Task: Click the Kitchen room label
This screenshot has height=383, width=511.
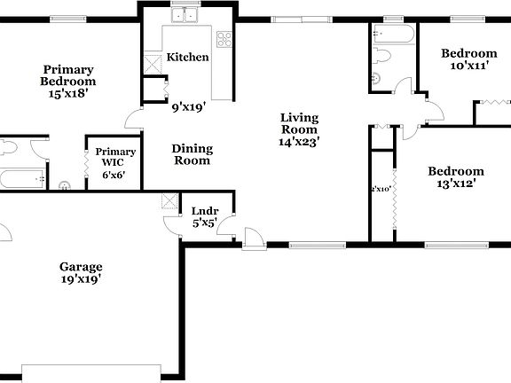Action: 188,57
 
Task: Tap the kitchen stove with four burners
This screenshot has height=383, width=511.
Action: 224,39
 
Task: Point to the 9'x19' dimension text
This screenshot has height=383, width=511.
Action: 188,106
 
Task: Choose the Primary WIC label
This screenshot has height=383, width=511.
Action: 115,157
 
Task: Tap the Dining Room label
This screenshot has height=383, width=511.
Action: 191,155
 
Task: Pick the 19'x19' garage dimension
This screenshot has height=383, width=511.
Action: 81,279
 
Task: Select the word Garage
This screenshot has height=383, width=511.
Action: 81,266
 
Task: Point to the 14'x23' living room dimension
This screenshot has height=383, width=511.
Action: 299,141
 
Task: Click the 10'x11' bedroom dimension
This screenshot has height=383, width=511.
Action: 469,66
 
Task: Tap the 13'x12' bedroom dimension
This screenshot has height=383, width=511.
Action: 456,184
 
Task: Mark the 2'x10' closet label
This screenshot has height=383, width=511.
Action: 381,189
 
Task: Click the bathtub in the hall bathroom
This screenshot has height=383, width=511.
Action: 392,35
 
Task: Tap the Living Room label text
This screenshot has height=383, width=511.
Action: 299,123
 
